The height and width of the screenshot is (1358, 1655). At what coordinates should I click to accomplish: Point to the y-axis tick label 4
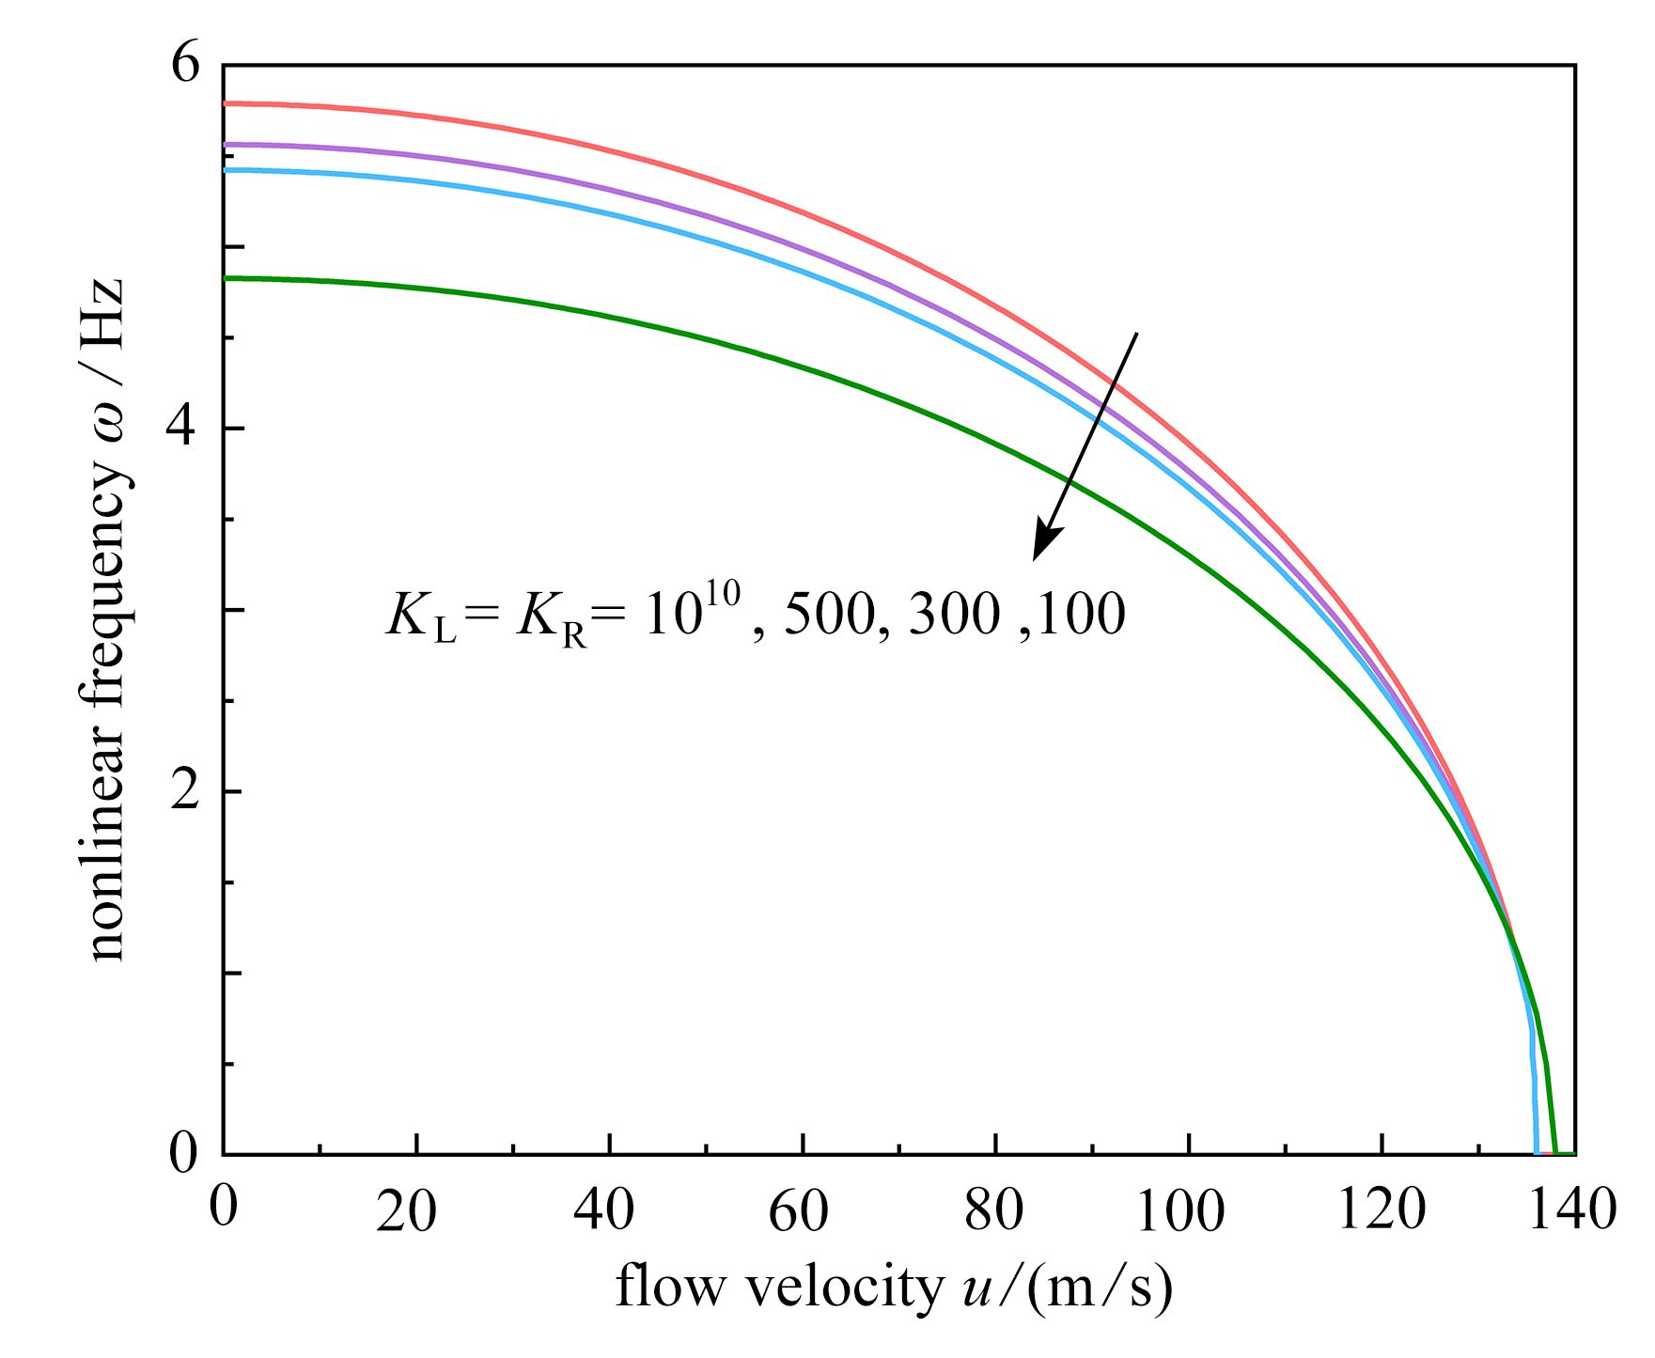pyautogui.click(x=185, y=429)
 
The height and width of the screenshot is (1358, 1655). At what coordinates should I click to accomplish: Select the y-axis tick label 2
pyautogui.click(x=185, y=791)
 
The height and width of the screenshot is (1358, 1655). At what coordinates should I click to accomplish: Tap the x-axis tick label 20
pyautogui.click(x=406, y=1212)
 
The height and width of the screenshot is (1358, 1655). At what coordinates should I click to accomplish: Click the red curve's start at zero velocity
pyautogui.click(x=225, y=103)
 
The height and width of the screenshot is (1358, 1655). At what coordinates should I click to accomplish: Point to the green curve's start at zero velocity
pyautogui.click(x=225, y=278)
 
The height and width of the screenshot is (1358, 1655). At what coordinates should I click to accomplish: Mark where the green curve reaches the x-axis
pyautogui.click(x=1555, y=1153)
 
